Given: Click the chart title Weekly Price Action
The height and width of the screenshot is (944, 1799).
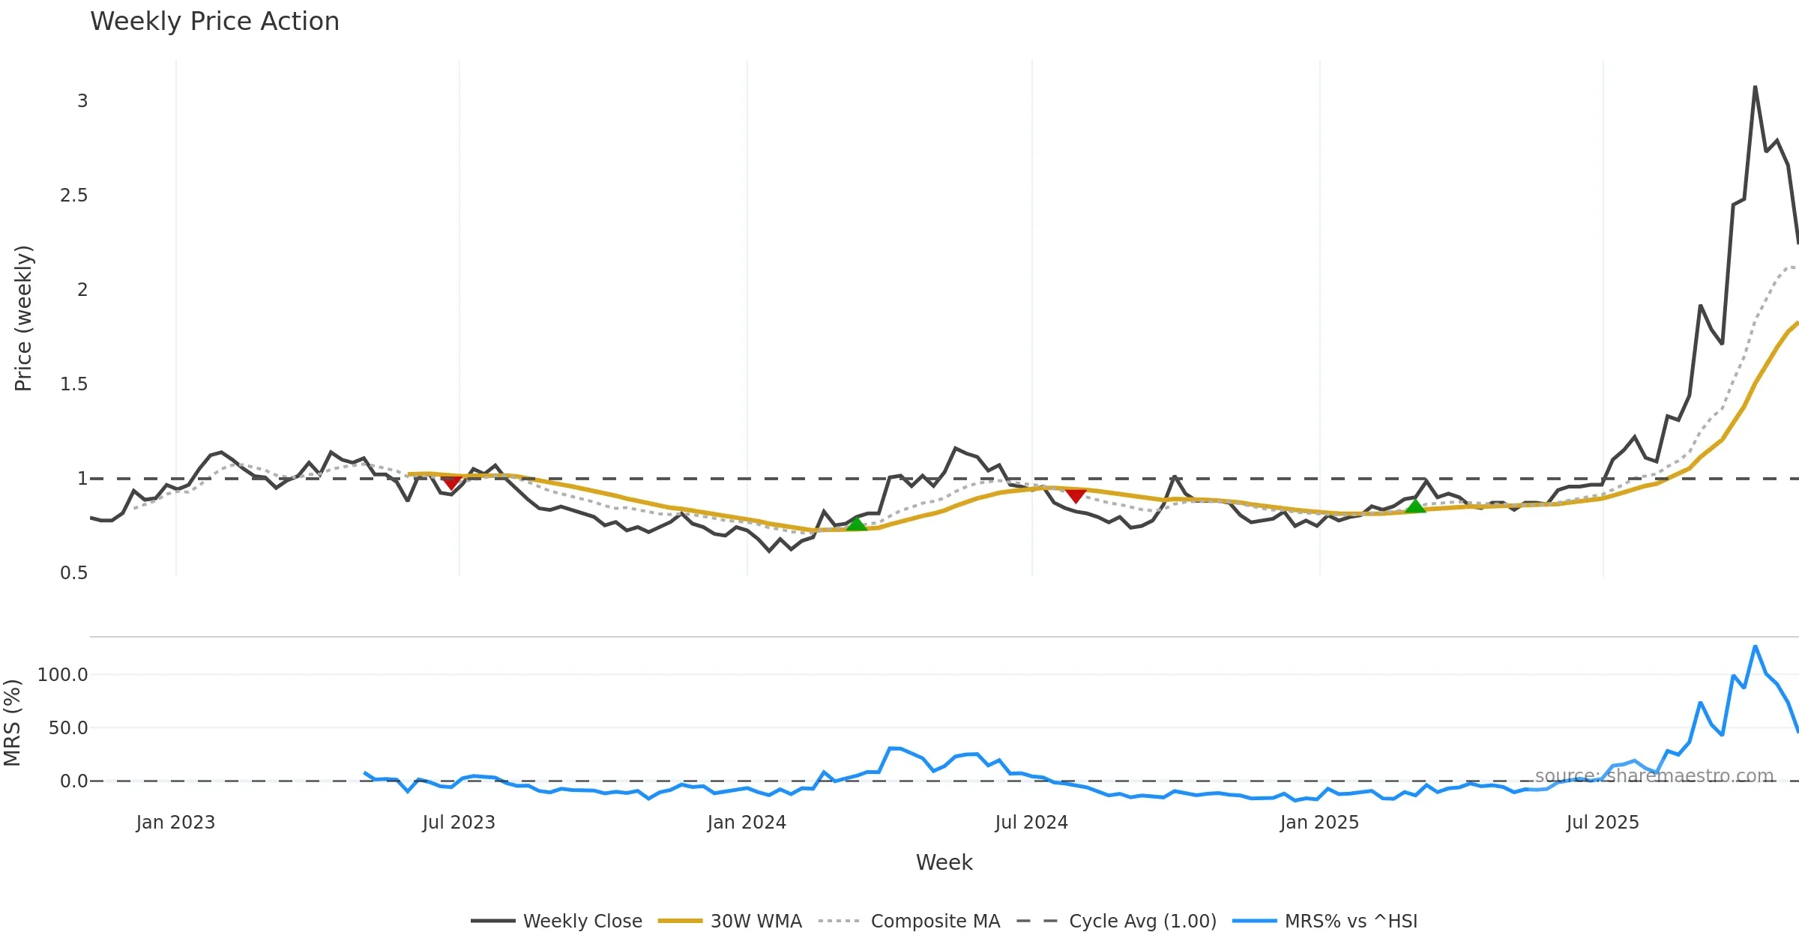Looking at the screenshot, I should click(214, 22).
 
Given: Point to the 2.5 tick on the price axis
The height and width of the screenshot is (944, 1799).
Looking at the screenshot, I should click(73, 196).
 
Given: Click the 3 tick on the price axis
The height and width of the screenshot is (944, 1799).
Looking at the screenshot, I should click(82, 101).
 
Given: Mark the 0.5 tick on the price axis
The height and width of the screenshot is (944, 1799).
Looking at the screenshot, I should click(73, 573).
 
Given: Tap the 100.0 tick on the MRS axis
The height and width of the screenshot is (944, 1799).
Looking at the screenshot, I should click(63, 675).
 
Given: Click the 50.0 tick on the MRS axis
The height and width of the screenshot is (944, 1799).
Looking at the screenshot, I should click(67, 728).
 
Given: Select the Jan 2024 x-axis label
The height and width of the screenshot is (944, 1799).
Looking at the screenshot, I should click(747, 823).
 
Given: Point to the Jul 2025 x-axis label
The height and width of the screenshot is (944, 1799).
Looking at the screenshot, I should click(1603, 823).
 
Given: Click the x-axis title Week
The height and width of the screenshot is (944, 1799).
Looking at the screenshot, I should click(944, 862).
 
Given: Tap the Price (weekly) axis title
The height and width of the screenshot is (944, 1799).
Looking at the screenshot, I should click(23, 318).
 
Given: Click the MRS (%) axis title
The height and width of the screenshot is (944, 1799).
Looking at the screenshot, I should click(13, 723).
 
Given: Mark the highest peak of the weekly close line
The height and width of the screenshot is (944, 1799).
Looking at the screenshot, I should click(1755, 87).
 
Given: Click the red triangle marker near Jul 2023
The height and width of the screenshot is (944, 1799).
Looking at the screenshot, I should click(451, 483).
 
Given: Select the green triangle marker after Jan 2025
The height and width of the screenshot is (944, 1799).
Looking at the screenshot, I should click(1415, 506).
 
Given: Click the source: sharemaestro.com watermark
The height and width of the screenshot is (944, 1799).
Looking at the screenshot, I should click(1654, 776).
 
